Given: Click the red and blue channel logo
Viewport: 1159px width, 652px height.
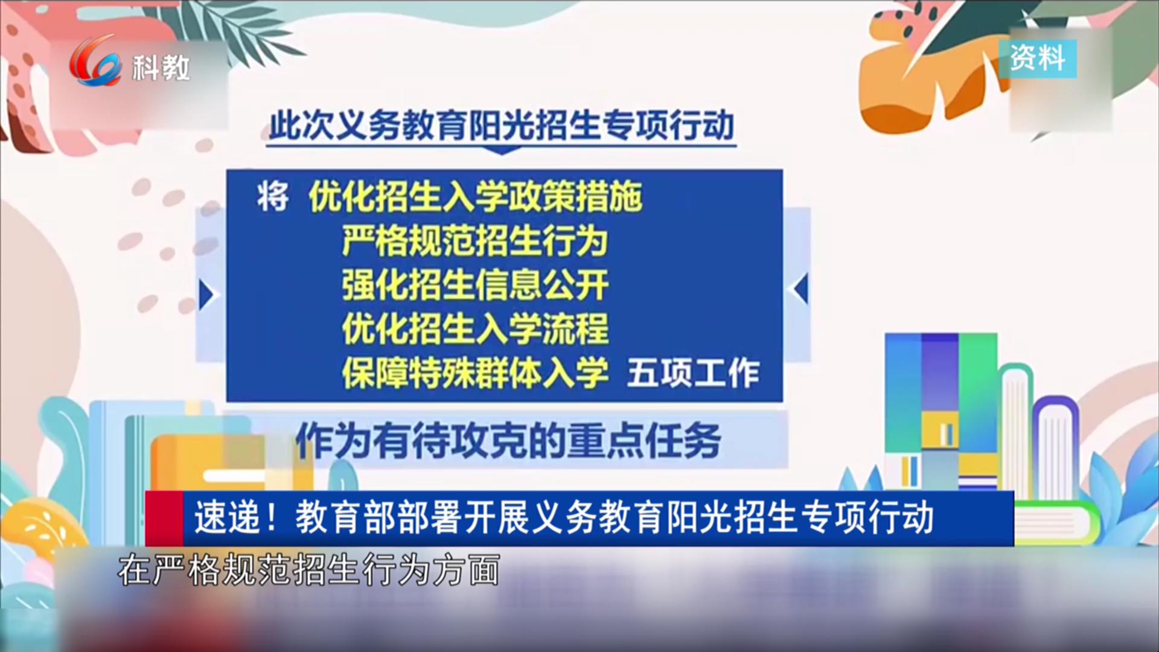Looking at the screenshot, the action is coord(95,61).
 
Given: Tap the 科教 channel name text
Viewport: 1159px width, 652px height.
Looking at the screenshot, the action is coord(161,67).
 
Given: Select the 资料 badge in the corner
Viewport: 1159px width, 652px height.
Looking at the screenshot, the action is coord(1038,59).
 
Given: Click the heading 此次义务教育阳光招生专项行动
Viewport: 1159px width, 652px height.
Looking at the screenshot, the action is coord(502,126).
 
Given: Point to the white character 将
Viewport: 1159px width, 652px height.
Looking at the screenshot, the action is coord(273,197).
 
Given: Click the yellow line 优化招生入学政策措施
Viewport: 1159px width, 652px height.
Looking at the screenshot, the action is coord(476,197).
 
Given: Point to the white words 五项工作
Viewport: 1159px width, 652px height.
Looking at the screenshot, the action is coord(693,373).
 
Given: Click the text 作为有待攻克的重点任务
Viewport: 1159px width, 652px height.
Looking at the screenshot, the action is coord(508,441).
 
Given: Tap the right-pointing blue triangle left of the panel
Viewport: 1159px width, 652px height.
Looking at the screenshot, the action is coord(207,296).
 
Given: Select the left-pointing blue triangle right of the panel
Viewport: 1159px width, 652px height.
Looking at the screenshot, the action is coord(801,289).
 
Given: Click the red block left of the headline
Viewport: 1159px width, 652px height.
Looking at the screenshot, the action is coord(164,519).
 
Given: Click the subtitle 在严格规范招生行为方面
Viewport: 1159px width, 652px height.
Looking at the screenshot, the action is coord(309,570).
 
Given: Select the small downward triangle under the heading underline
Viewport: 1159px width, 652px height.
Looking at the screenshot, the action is coord(502,150).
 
